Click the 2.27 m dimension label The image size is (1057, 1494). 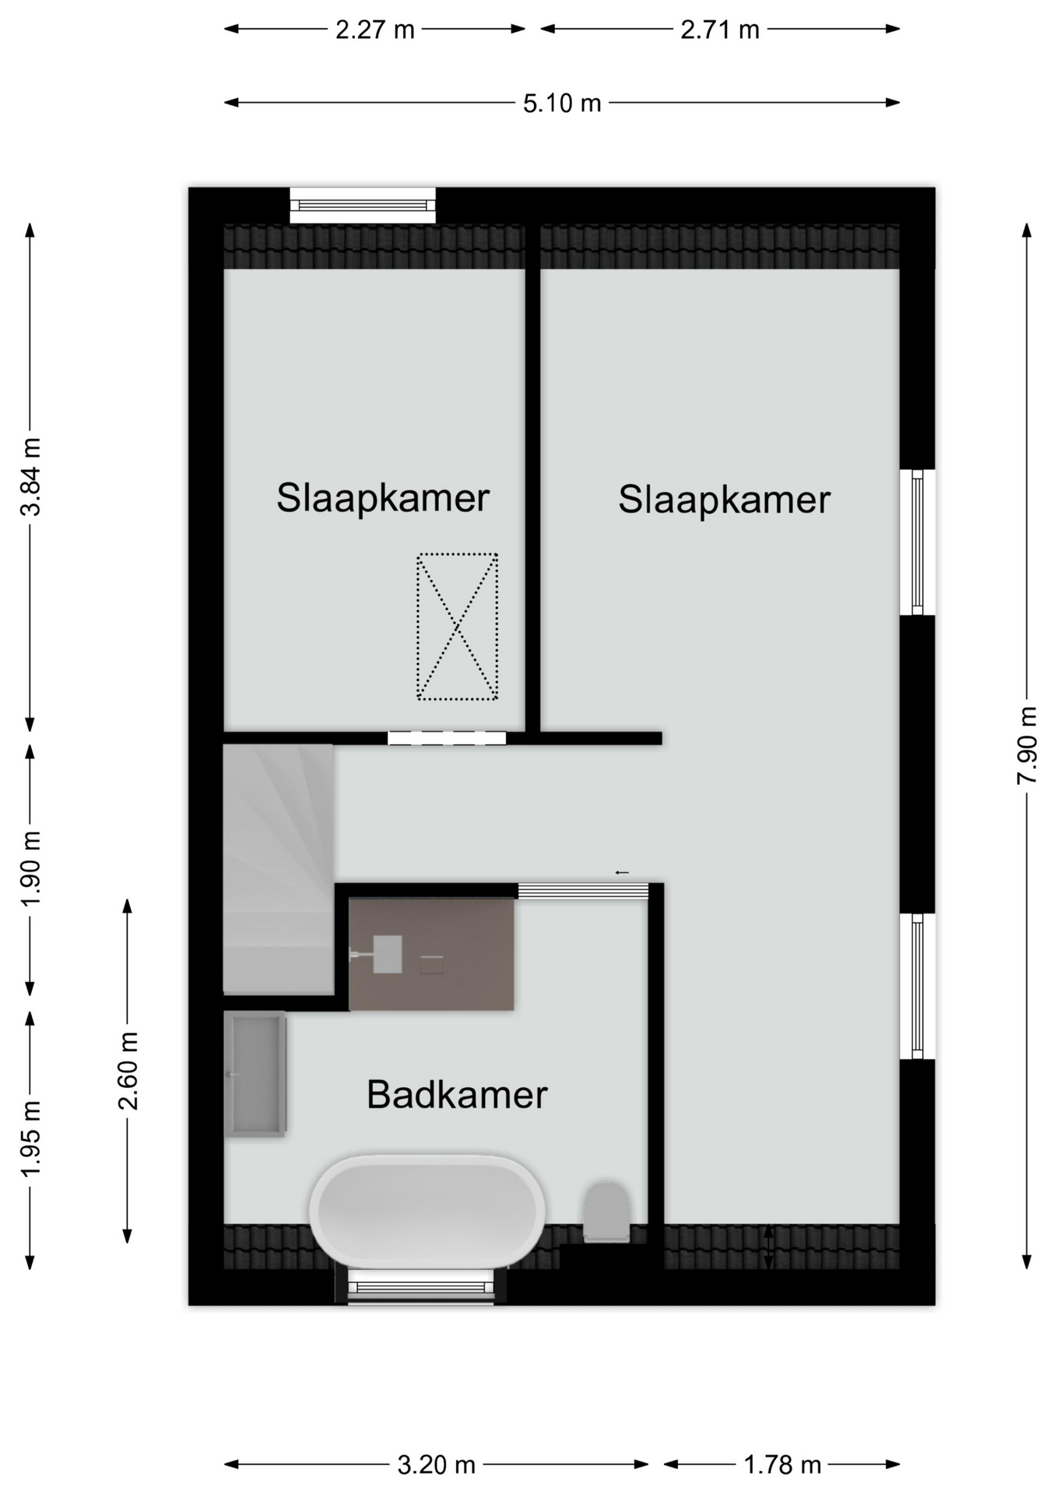point(375,30)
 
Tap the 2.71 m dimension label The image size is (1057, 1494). point(720,30)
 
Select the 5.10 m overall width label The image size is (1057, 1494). point(562,103)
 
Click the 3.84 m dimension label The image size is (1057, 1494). point(30,476)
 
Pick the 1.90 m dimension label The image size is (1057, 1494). point(30,868)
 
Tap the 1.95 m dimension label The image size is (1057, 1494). point(30,1139)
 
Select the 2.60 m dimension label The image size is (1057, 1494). point(128,1071)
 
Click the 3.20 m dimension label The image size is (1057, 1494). point(436,1466)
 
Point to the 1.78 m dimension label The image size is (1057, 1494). point(782,1466)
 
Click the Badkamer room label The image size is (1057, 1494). point(457,1095)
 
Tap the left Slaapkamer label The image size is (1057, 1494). point(383,498)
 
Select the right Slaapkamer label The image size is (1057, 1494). point(725,500)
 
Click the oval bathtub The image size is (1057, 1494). point(427,1212)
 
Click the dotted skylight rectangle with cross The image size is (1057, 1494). point(458,626)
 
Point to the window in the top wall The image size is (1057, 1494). point(363,205)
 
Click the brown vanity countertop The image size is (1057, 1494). point(431,955)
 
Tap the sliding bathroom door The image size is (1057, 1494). point(583,891)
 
